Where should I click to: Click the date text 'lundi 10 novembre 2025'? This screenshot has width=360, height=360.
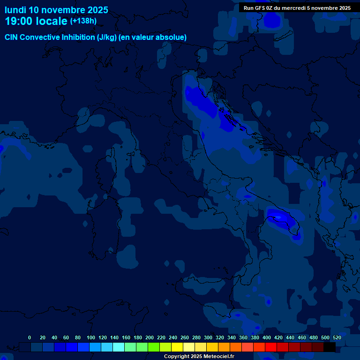tap(56, 10)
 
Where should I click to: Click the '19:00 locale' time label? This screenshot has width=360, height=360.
tap(36, 21)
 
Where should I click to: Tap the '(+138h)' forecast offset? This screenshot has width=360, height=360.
tap(83, 21)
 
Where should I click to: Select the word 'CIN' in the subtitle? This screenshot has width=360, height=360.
tap(12, 37)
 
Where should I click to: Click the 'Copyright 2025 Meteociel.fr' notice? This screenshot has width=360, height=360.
tap(199, 356)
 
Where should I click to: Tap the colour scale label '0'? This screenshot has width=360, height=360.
tap(30, 337)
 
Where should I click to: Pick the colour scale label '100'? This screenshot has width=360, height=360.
tap(91, 337)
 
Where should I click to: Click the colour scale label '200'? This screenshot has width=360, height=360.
tap(150, 337)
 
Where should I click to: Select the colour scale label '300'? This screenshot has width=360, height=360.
tap(208, 337)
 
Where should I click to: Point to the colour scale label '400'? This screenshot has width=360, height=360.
tap(267, 337)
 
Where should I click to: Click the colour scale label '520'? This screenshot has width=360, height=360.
tap(337, 337)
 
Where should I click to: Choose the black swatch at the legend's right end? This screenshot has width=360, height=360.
tap(330, 347)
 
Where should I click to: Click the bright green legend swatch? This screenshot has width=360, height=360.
tap(154, 347)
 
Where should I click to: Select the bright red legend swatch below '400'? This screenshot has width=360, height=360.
tap(271, 347)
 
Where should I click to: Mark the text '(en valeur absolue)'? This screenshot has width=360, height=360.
tap(153, 37)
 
